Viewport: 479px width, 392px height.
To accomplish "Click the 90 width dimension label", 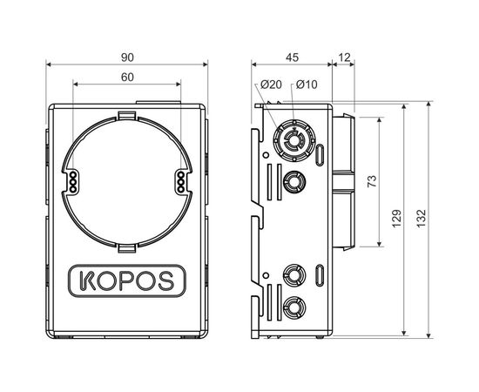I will pos(127,57).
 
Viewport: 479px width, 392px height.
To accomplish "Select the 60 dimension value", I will pos(127,78).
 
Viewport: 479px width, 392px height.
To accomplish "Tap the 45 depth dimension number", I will pos(292,57).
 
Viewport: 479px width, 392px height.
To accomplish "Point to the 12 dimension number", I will pos(345,57).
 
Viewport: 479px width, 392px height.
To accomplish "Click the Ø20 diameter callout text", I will pos(271,84).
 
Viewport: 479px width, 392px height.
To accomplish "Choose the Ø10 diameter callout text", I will pos(306,84).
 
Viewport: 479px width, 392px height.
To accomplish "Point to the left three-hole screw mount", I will pos(75,181).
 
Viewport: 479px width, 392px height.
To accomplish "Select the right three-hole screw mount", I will pos(179,181).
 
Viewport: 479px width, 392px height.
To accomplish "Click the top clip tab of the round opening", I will pos(127,116).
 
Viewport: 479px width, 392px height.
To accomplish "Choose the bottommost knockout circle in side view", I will pos(295,308).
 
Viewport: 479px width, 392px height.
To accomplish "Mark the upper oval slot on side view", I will pos(322,157).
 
